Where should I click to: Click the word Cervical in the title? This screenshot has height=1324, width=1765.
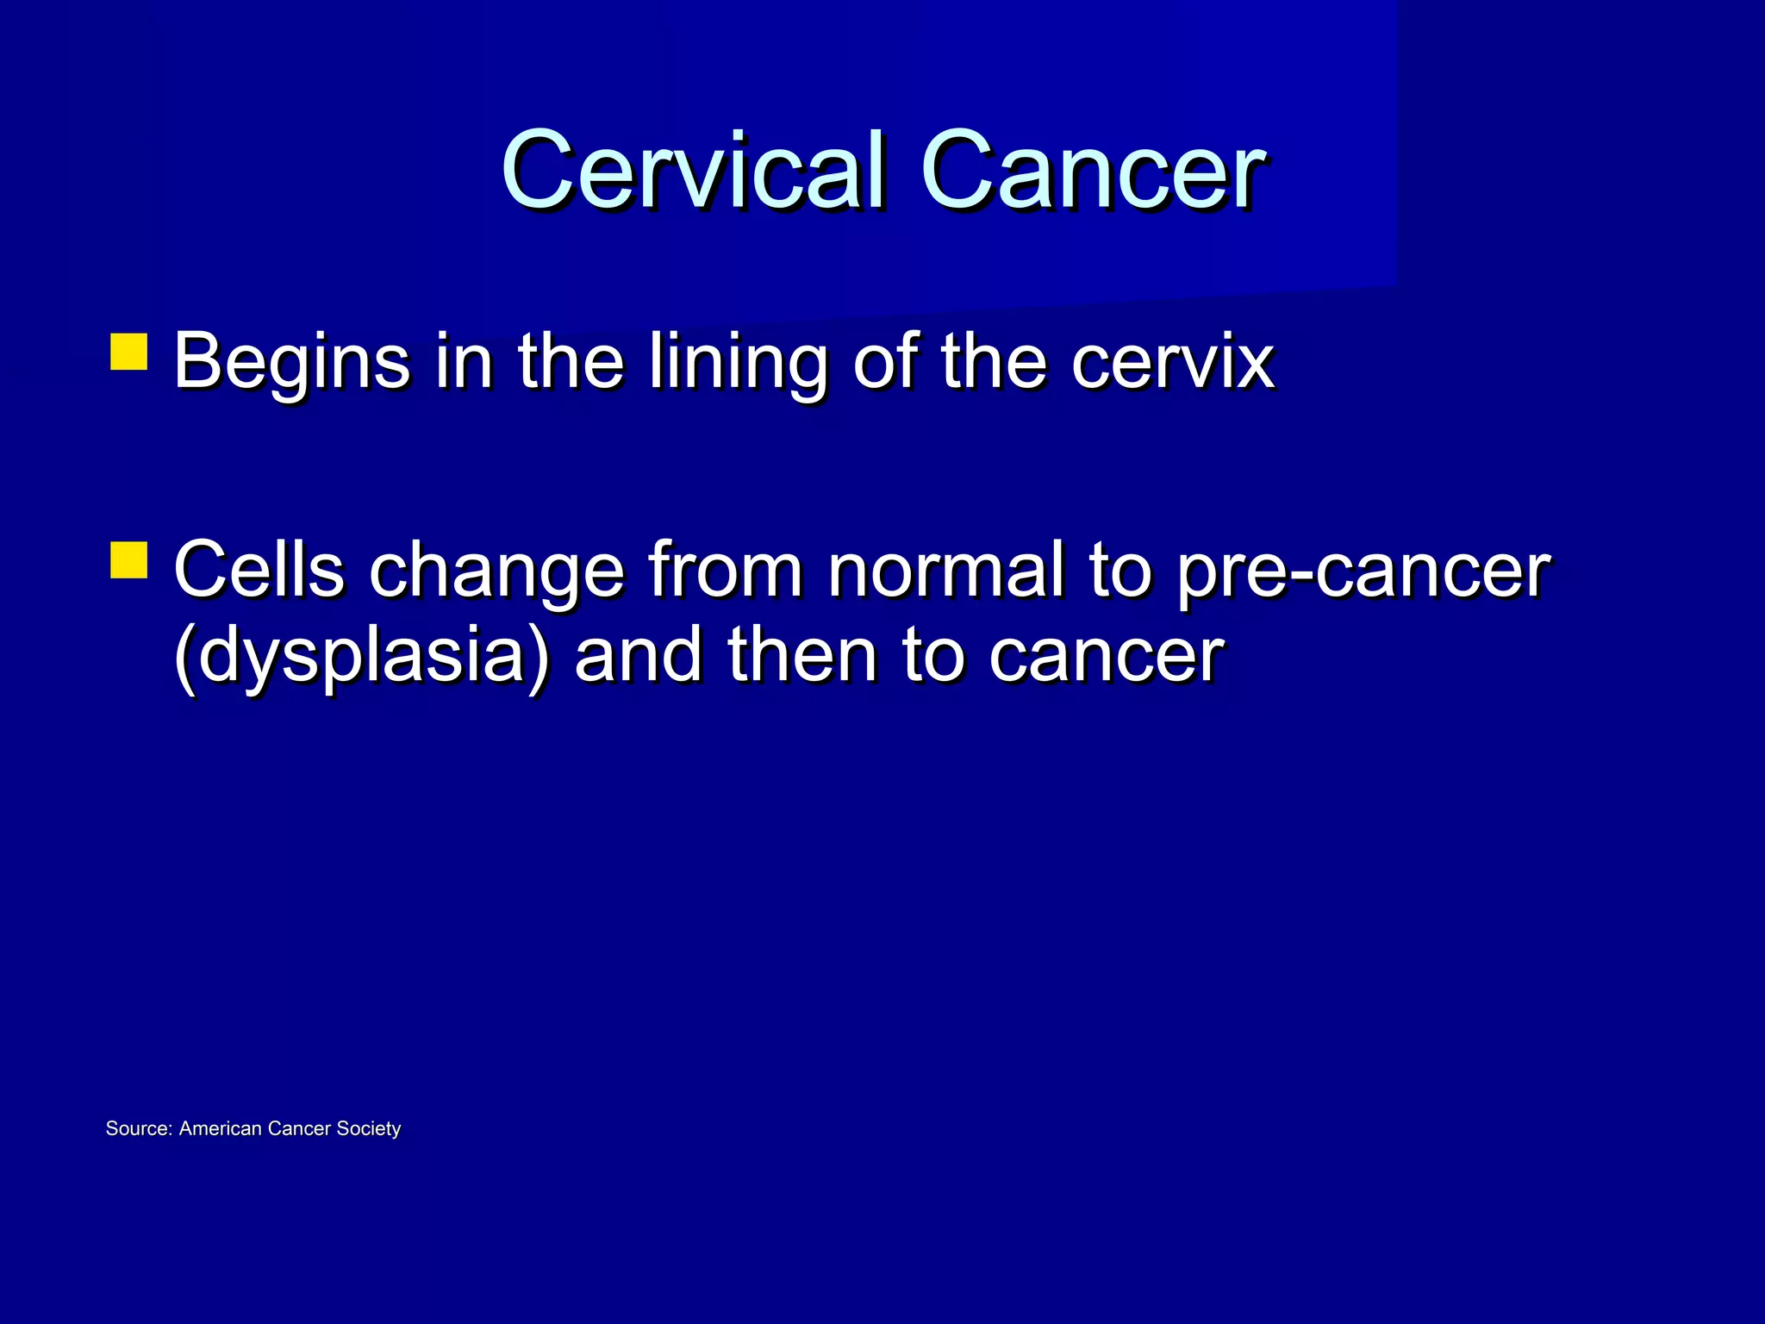tap(694, 171)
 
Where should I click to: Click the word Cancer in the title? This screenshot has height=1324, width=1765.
tap(1093, 171)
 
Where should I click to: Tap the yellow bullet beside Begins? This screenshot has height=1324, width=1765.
tap(129, 352)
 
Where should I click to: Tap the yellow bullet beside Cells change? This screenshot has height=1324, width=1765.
tap(129, 559)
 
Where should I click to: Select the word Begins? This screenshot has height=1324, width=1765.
tap(291, 362)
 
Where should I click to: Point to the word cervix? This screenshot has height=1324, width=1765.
tap(1172, 362)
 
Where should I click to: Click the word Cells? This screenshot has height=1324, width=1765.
tap(259, 570)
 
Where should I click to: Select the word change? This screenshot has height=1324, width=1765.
tap(496, 571)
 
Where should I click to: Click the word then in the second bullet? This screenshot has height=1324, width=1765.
tap(801, 655)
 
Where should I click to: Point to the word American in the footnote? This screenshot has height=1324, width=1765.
tap(220, 1128)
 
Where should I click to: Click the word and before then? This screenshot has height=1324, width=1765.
tap(638, 655)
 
